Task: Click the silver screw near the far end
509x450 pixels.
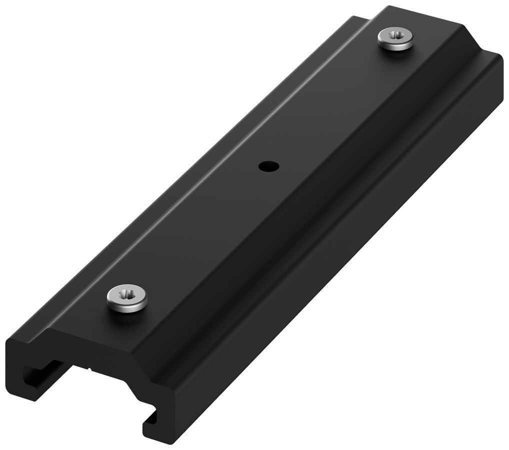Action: coord(396,39)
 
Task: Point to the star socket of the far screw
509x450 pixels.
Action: coord(396,36)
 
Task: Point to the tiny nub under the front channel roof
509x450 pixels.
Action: coord(90,370)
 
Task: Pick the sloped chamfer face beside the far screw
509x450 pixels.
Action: coord(440,55)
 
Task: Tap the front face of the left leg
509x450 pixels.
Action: coord(17,370)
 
